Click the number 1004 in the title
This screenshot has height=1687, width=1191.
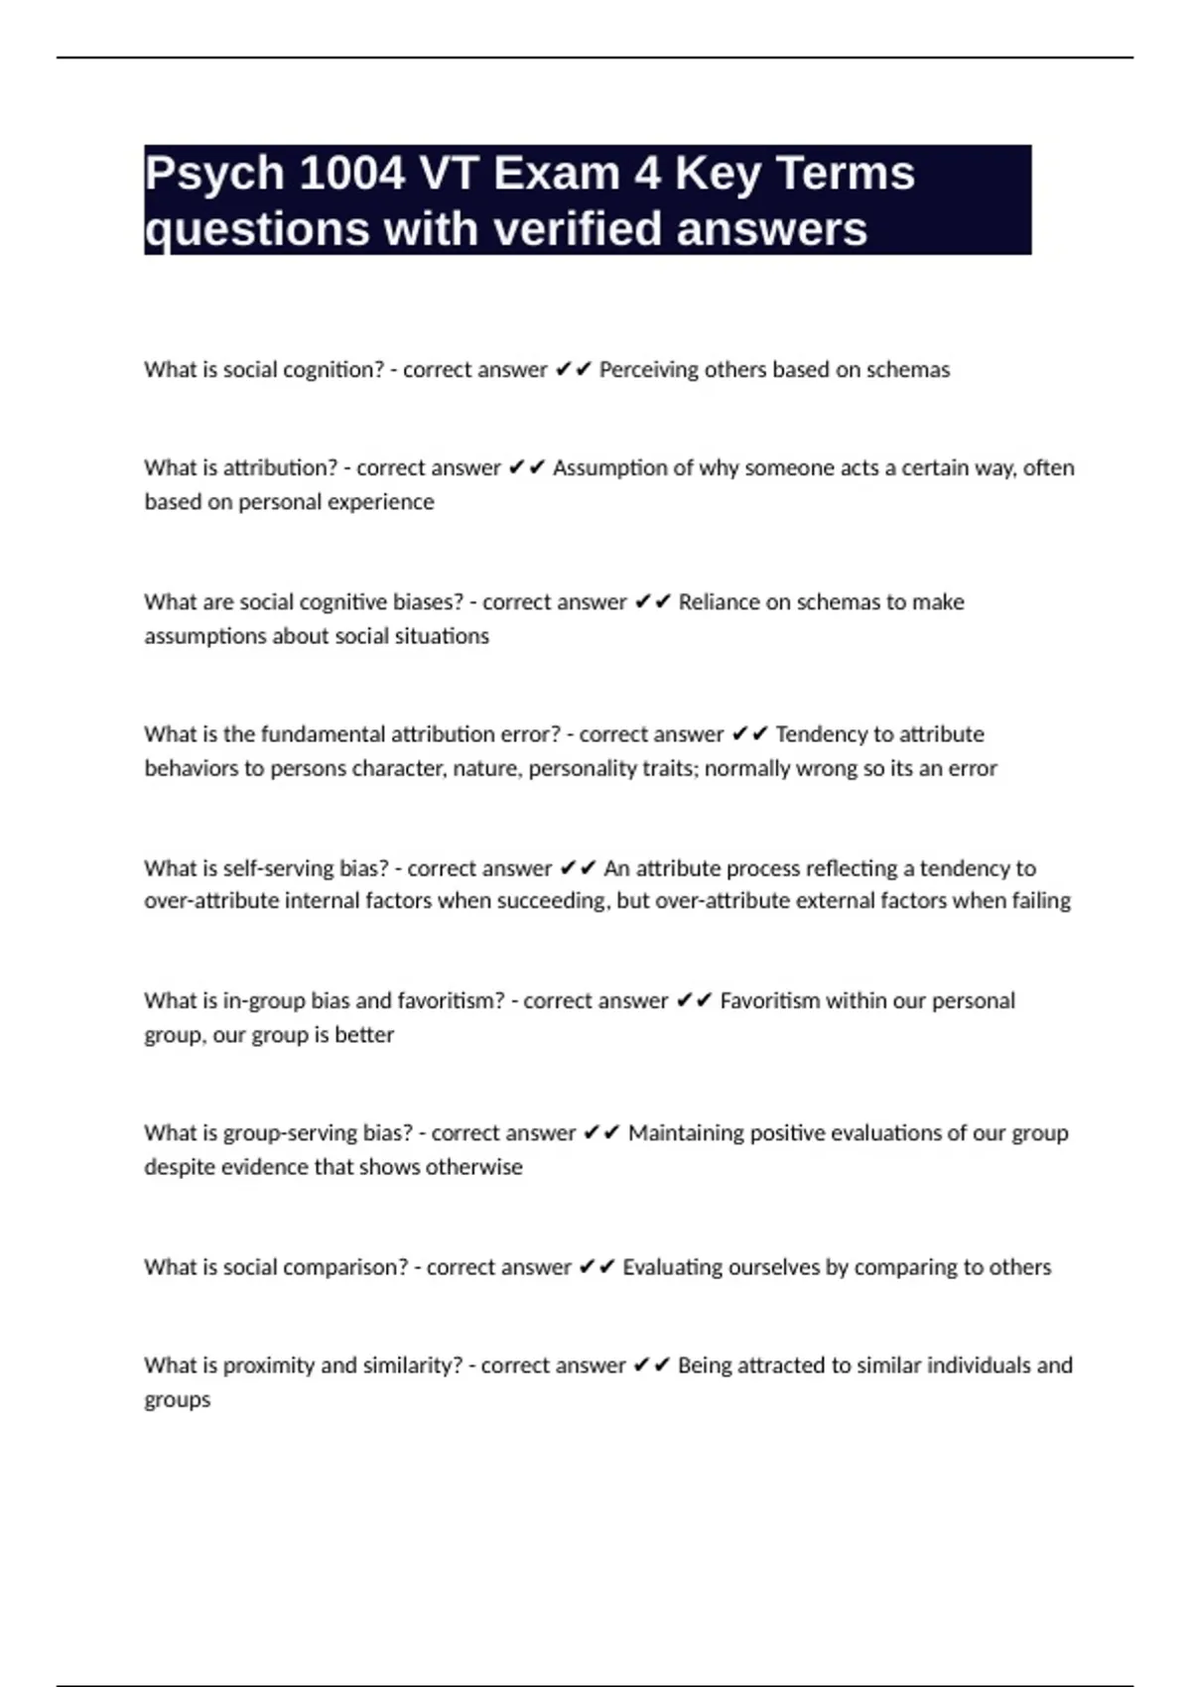(350, 174)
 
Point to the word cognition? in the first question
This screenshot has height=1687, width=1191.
(333, 370)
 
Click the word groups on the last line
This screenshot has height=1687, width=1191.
(178, 1400)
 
